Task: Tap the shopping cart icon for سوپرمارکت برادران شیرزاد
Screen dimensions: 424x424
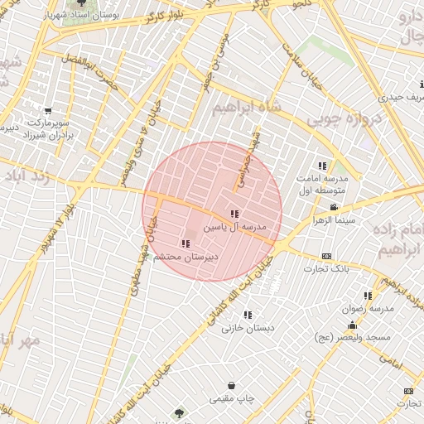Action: (47, 110)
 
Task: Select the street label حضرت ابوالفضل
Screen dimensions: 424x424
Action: (89, 72)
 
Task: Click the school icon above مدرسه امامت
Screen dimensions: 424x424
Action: (322, 166)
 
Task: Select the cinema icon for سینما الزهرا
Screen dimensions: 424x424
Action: (333, 207)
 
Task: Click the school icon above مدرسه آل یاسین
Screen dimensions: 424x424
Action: (234, 214)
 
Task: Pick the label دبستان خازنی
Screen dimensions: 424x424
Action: (247, 327)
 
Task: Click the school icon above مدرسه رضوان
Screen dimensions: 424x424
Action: (367, 296)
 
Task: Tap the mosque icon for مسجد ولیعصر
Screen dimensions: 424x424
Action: (352, 325)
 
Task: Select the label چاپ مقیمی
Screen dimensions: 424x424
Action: (230, 399)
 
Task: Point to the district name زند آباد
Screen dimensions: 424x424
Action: (30, 178)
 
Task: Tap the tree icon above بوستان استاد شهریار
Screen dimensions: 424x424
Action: (79, 3)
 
